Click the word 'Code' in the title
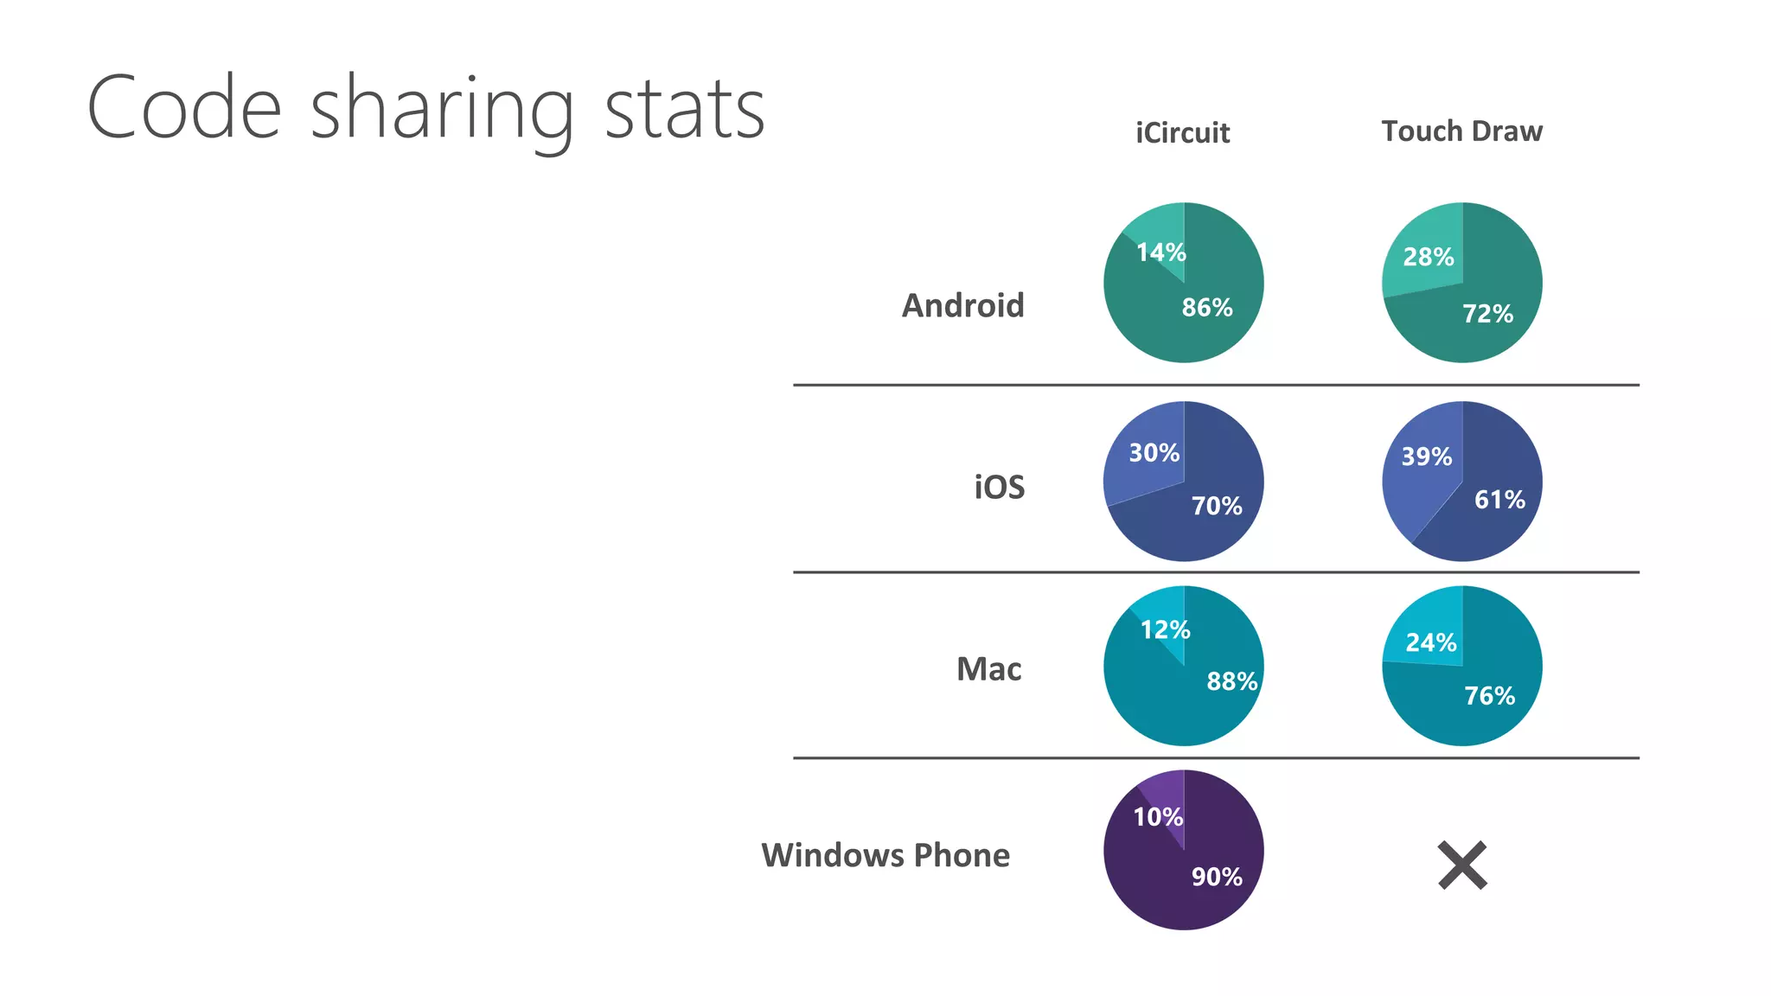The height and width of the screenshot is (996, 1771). tap(184, 109)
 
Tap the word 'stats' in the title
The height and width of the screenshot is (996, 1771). tap(684, 111)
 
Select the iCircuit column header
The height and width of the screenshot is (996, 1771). tap(1182, 132)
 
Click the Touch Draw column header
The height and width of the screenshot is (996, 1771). tap(1461, 131)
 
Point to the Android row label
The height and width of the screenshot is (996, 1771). tap(962, 306)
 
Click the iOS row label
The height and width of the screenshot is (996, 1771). tap(999, 488)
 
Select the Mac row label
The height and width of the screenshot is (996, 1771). tap(988, 669)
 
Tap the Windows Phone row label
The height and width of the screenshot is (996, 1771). tap(885, 855)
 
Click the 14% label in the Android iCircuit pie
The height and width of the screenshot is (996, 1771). tap(1160, 252)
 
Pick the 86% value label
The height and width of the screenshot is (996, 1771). tap(1207, 307)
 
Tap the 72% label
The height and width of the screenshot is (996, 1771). tap(1487, 314)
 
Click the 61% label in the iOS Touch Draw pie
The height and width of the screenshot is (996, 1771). tap(1499, 500)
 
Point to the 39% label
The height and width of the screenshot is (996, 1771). tap(1426, 456)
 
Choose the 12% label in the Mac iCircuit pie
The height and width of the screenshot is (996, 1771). tap(1165, 629)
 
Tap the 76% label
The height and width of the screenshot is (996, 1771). tap(1489, 696)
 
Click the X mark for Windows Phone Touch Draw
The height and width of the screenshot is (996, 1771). tap(1462, 865)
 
